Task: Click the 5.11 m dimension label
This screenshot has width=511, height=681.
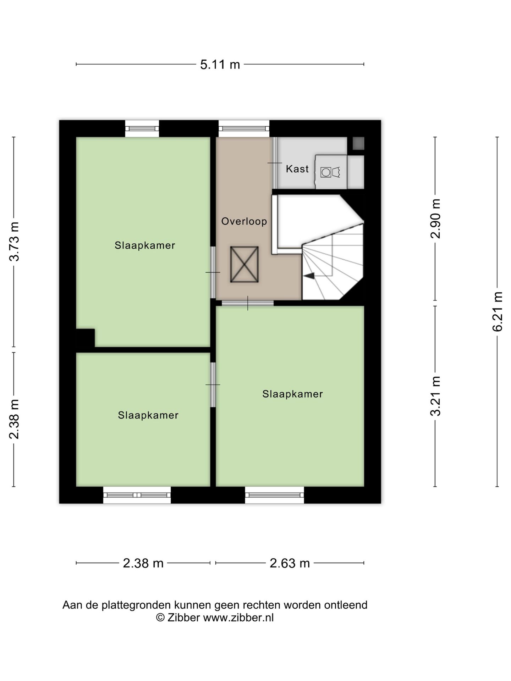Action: [x=220, y=65]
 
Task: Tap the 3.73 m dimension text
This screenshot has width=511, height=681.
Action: [x=15, y=242]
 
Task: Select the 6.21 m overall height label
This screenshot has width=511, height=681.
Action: [x=498, y=311]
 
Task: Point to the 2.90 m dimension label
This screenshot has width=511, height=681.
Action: [x=435, y=218]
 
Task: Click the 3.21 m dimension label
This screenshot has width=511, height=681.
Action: [x=435, y=396]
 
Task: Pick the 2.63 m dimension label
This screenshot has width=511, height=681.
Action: [x=290, y=563]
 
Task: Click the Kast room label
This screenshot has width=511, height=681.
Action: [x=297, y=169]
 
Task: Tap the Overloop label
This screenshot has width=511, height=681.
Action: [x=244, y=221]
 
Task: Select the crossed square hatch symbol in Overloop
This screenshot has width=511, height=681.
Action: [x=244, y=265]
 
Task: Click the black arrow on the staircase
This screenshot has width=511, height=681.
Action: [x=309, y=275]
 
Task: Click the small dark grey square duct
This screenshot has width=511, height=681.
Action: [x=358, y=143]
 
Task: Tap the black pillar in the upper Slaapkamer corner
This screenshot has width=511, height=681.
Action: [x=86, y=338]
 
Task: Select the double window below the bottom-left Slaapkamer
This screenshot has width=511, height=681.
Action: [x=137, y=495]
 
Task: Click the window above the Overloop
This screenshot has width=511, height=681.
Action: [x=244, y=128]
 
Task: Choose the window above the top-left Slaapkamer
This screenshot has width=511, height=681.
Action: [x=142, y=128]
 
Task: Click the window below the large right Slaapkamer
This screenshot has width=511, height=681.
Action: [x=274, y=495]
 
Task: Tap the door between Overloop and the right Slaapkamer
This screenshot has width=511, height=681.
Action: [x=248, y=303]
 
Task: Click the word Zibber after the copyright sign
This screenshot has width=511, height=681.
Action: [x=183, y=618]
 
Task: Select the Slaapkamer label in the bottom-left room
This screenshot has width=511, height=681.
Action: [x=148, y=415]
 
